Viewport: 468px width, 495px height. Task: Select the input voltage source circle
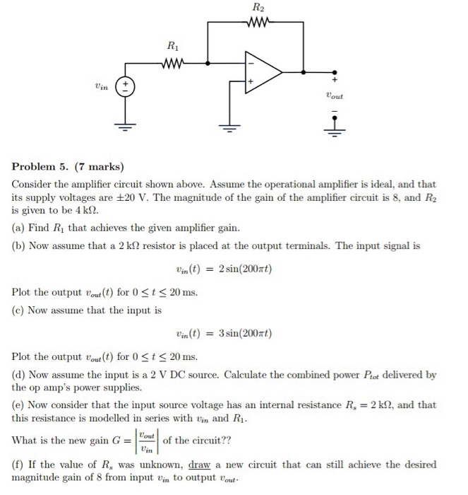pos(127,88)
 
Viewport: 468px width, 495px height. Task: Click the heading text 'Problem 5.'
pos(40,168)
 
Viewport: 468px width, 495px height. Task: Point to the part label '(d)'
pos(19,375)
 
